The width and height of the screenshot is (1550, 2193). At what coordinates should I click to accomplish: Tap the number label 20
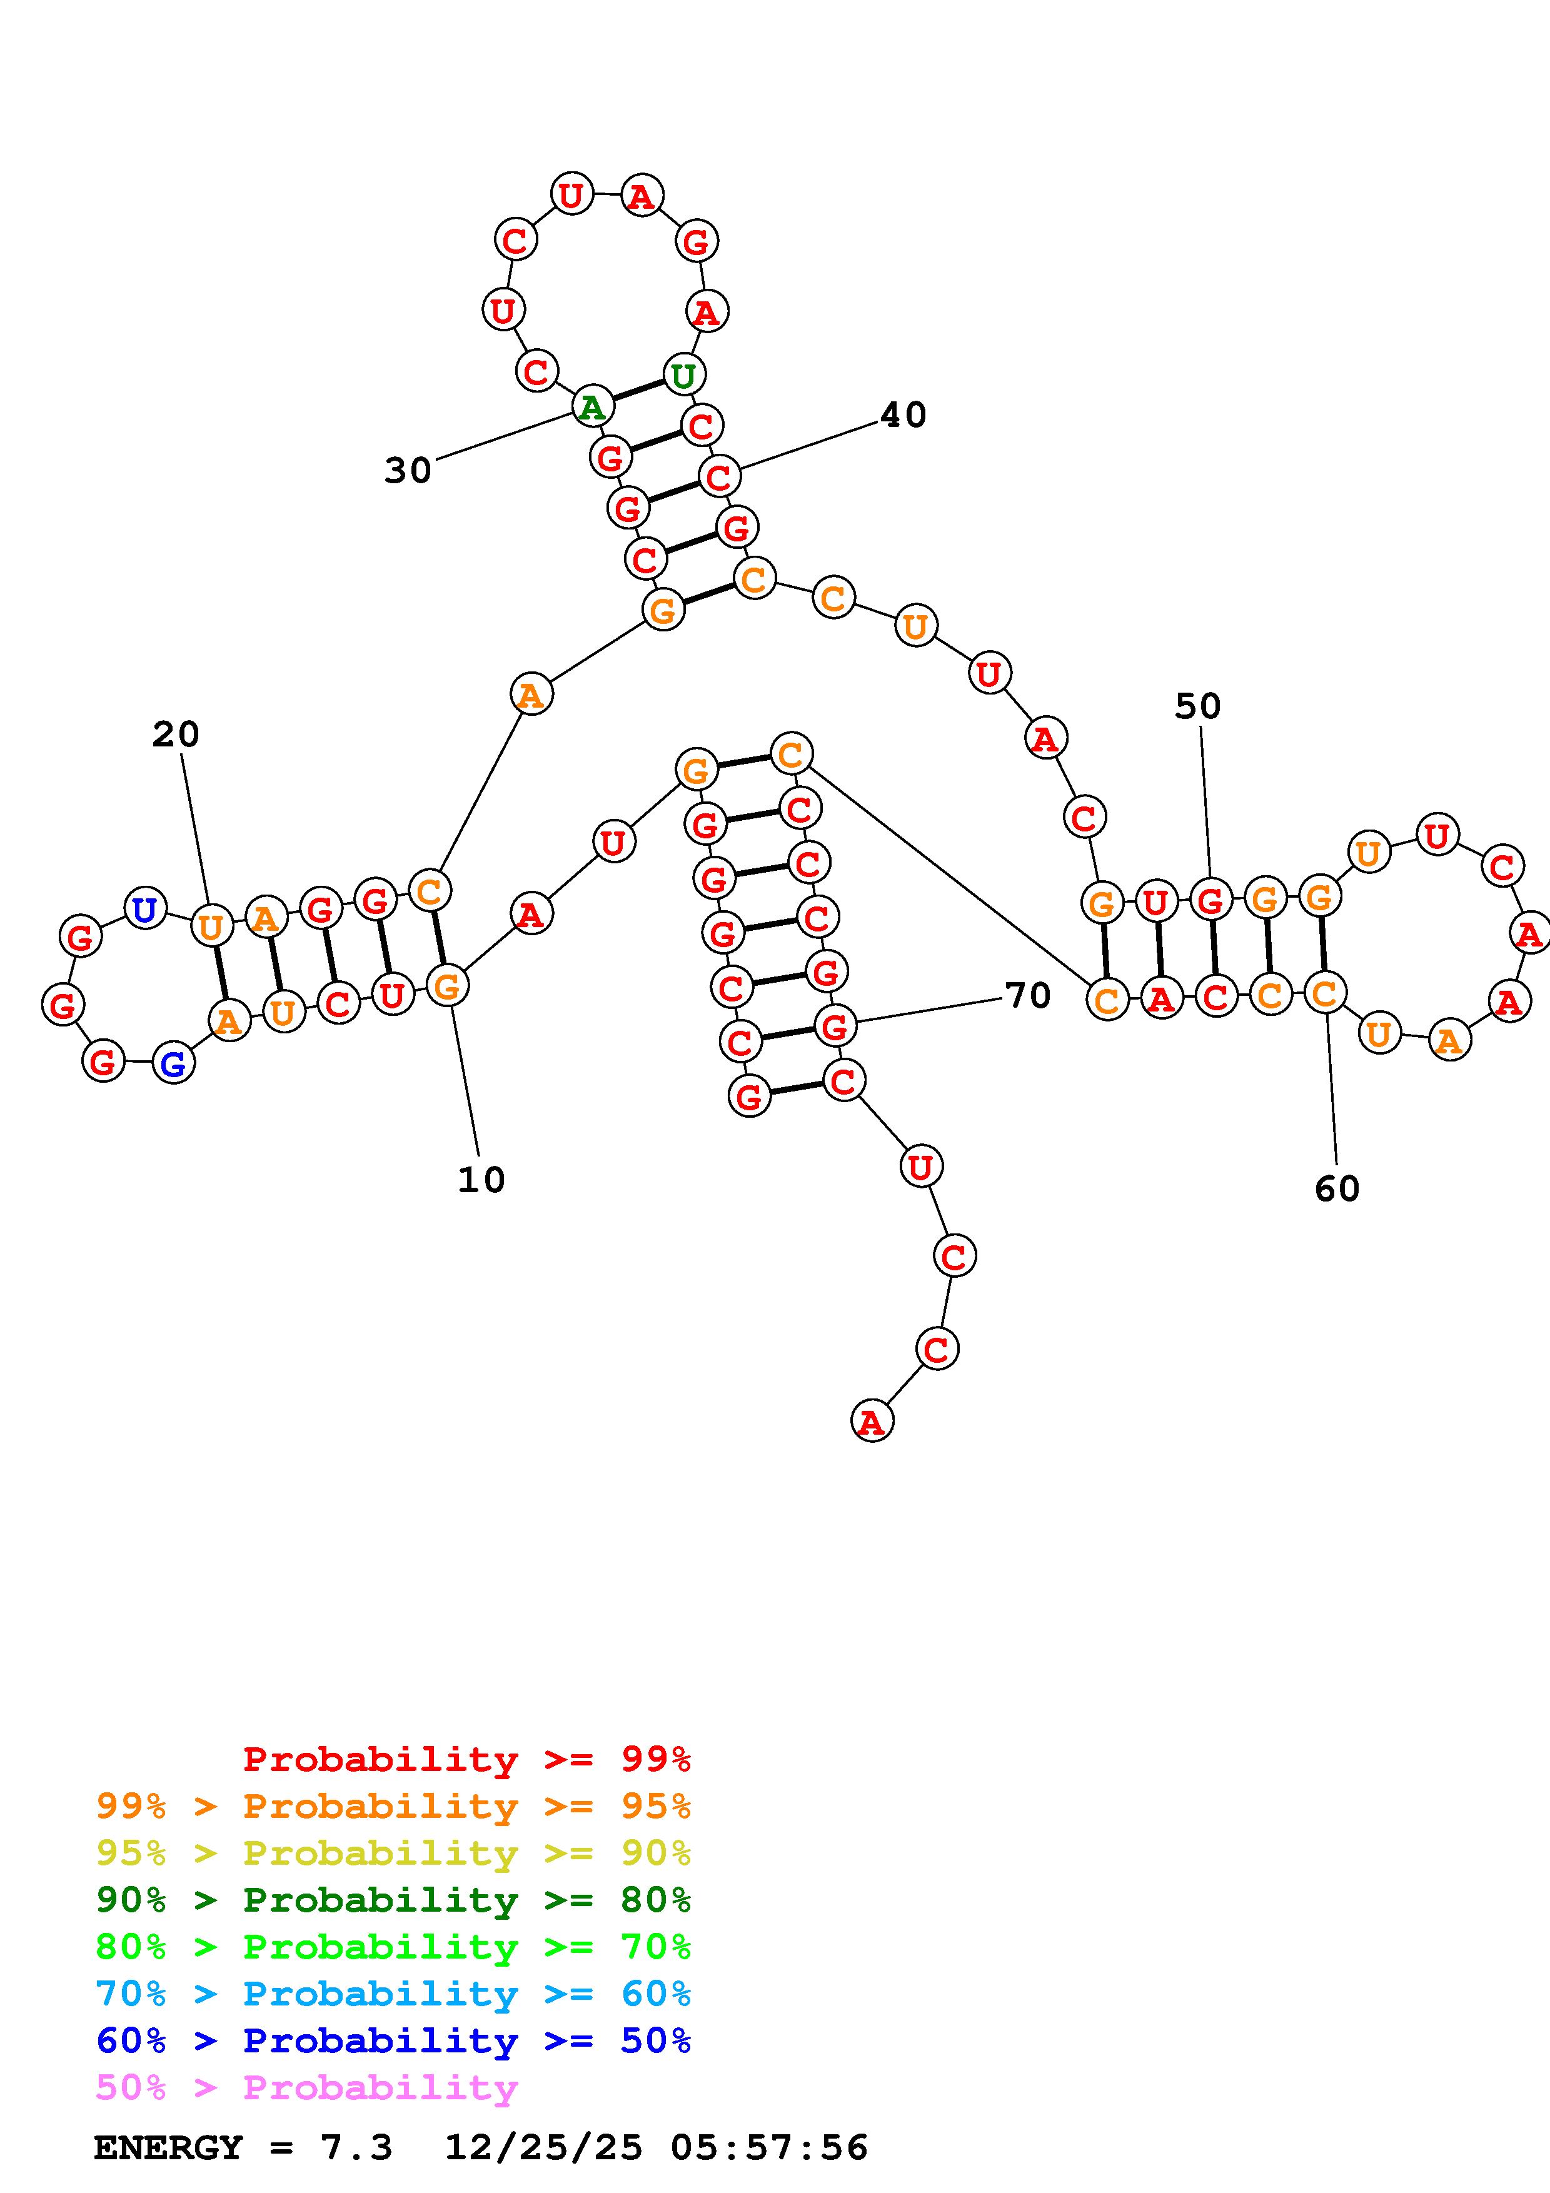click(176, 735)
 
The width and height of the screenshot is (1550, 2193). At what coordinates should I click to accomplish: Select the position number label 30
click(408, 470)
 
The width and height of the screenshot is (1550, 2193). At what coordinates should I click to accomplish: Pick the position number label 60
click(1336, 1188)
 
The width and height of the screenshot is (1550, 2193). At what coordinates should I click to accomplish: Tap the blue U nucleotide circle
click(145, 908)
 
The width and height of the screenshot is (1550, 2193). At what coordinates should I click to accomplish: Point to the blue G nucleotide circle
click(173, 1063)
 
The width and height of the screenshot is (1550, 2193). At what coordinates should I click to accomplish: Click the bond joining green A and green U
click(638, 391)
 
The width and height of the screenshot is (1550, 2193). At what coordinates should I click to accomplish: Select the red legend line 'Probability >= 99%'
click(467, 1759)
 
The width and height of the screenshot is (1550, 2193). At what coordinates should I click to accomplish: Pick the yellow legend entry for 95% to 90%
click(393, 1852)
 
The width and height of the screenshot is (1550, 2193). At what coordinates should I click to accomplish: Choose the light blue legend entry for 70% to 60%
click(393, 1994)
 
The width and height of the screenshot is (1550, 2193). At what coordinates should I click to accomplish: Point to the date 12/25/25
click(543, 2147)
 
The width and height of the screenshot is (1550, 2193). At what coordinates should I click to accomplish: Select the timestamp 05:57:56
click(769, 2147)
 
